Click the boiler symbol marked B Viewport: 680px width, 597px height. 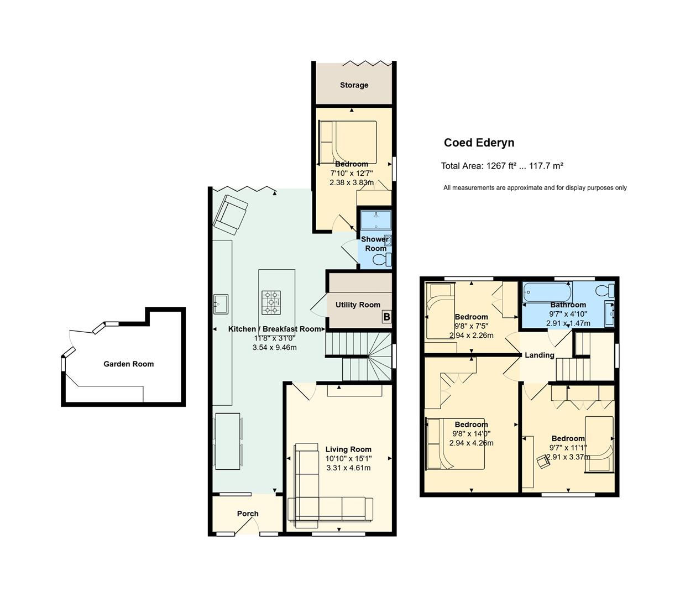pyautogui.click(x=386, y=316)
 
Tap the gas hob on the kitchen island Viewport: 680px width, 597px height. pyautogui.click(x=271, y=302)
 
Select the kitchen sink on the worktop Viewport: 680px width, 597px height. pyautogui.click(x=221, y=304)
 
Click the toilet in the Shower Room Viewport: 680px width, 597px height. pyautogui.click(x=382, y=259)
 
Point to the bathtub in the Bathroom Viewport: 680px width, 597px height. pyautogui.click(x=547, y=292)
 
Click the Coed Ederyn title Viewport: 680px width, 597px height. pyautogui.click(x=479, y=143)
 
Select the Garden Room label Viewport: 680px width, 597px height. pyautogui.click(x=129, y=364)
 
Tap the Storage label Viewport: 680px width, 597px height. pyautogui.click(x=354, y=85)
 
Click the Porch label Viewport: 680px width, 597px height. pyautogui.click(x=248, y=514)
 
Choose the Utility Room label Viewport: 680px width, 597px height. pyautogui.click(x=358, y=305)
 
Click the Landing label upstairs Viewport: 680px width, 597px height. pyautogui.click(x=540, y=355)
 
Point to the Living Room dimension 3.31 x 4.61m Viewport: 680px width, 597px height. pyautogui.click(x=348, y=468)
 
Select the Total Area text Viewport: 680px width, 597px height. pyautogui.click(x=502, y=166)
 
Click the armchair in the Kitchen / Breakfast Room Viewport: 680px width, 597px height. pyautogui.click(x=231, y=215)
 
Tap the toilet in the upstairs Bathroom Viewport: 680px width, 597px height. pyautogui.click(x=605, y=290)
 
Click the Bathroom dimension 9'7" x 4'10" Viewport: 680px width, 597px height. pyautogui.click(x=568, y=314)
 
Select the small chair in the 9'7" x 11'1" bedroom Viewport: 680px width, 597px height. pyautogui.click(x=543, y=461)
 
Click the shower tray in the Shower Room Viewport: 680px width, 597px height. pyautogui.click(x=376, y=220)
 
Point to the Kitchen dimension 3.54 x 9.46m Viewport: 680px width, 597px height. pyautogui.click(x=275, y=347)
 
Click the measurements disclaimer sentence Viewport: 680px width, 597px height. pyautogui.click(x=535, y=188)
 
